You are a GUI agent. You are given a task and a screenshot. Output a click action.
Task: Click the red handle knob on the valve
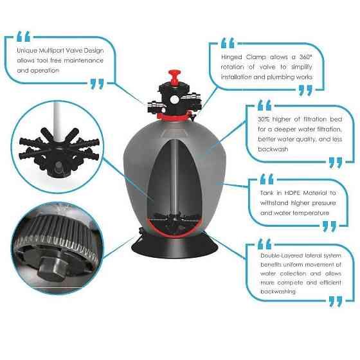tap(174, 76)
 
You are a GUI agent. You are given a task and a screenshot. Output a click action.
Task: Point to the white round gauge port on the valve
tap(174, 100)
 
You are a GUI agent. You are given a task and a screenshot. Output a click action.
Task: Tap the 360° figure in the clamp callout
tap(306, 57)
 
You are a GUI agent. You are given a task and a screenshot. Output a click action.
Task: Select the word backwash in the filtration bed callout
tap(273, 149)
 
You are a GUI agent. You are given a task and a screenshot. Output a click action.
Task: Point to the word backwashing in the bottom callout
tap(278, 292)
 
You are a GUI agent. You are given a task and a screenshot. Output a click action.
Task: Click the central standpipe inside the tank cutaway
tap(174, 177)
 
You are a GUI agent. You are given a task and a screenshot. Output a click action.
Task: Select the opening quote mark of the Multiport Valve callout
tap(23, 37)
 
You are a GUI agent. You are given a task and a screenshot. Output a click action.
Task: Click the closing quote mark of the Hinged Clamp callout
tap(305, 90)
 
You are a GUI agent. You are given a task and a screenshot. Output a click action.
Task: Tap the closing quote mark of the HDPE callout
tap(329, 226)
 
